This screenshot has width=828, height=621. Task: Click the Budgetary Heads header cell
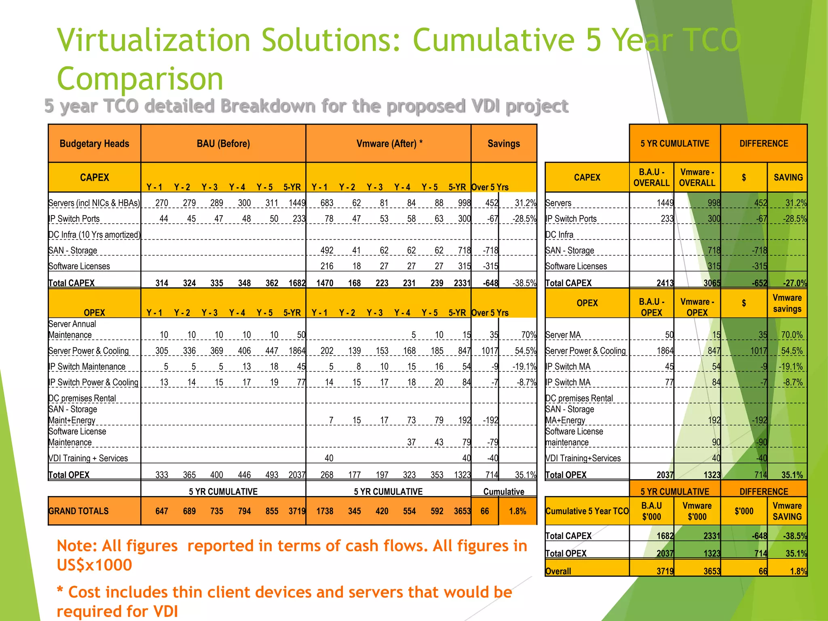[94, 144]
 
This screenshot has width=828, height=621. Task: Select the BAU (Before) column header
[223, 144]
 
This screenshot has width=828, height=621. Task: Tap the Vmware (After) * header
[389, 144]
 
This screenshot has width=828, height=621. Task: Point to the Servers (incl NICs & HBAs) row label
[94, 203]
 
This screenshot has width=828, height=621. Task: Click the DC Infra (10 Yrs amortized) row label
[94, 235]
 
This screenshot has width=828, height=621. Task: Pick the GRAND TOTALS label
[78, 511]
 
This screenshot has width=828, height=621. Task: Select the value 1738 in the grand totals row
[325, 511]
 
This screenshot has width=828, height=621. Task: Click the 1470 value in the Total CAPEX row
[325, 283]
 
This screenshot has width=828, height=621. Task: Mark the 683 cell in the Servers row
[327, 203]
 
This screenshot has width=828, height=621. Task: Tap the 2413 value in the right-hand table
[665, 283]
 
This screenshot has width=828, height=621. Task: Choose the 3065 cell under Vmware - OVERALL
[712, 283]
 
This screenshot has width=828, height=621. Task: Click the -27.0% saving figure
[794, 283]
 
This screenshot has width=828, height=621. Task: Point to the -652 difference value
[759, 283]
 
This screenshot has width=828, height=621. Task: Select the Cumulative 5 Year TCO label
[587, 511]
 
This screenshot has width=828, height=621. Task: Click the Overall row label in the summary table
[558, 571]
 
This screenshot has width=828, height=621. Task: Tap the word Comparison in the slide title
[140, 78]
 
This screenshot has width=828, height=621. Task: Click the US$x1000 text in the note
[94, 565]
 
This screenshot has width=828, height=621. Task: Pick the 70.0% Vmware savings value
[792, 335]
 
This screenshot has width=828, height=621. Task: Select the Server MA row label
[563, 335]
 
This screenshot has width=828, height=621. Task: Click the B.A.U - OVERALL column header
[651, 177]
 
